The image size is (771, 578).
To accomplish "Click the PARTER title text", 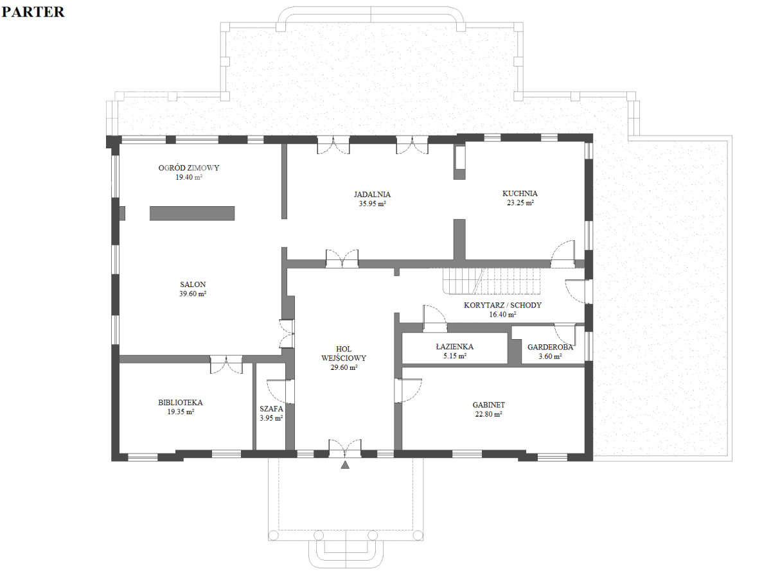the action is pyautogui.click(x=33, y=12).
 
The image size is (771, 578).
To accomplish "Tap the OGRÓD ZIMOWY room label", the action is pyautogui.click(x=189, y=168).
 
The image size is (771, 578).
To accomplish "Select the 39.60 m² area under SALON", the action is pyautogui.click(x=193, y=293).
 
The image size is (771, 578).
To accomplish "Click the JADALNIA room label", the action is pyautogui.click(x=372, y=194).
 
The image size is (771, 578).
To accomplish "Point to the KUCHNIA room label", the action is pyautogui.click(x=520, y=193).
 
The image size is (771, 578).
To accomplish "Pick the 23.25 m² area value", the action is pyautogui.click(x=520, y=202).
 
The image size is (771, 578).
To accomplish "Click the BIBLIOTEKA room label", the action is pyautogui.click(x=180, y=403).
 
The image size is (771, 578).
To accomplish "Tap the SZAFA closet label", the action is pyautogui.click(x=271, y=409).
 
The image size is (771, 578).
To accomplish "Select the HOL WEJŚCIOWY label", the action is pyautogui.click(x=344, y=353).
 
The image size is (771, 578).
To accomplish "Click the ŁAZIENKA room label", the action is pyautogui.click(x=454, y=347).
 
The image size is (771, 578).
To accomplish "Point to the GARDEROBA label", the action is pyautogui.click(x=550, y=347).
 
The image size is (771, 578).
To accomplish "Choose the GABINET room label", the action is pyautogui.click(x=488, y=405).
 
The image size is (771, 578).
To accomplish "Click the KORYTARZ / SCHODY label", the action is pyautogui.click(x=502, y=305).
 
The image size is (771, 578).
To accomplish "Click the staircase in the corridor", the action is pyautogui.click(x=491, y=281).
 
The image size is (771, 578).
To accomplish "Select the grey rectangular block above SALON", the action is pyautogui.click(x=192, y=213).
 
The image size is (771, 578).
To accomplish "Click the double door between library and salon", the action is pyautogui.click(x=226, y=364).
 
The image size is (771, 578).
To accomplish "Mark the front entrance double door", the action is pyautogui.click(x=345, y=449).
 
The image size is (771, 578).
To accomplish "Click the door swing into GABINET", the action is pyautogui.click(x=408, y=390).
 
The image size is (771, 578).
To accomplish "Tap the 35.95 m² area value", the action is pyautogui.click(x=372, y=204).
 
